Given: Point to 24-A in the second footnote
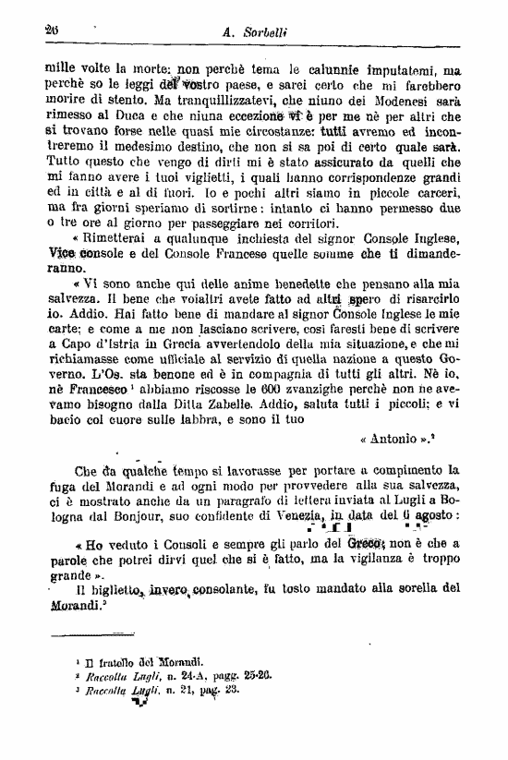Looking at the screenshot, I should (x=188, y=674).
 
